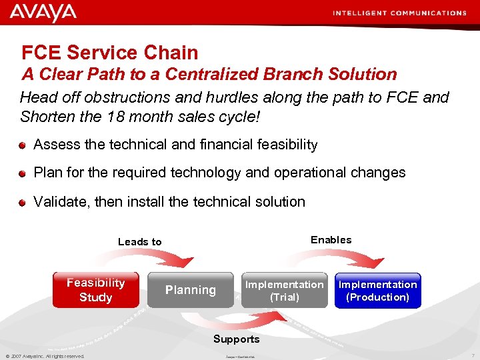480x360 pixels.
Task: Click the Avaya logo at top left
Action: point(43,13)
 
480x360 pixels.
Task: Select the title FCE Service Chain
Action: point(110,53)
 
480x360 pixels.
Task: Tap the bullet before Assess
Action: point(23,145)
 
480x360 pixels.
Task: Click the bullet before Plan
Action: point(23,173)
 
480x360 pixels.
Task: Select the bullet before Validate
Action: point(23,202)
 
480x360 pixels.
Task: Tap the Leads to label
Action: point(139,242)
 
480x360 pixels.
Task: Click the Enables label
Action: point(331,240)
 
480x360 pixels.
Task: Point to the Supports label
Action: point(236,339)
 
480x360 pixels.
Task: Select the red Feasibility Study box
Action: point(96,290)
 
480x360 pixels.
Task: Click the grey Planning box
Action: point(191,290)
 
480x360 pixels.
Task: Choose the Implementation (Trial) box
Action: point(284,291)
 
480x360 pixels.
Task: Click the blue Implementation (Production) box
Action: point(377,291)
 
